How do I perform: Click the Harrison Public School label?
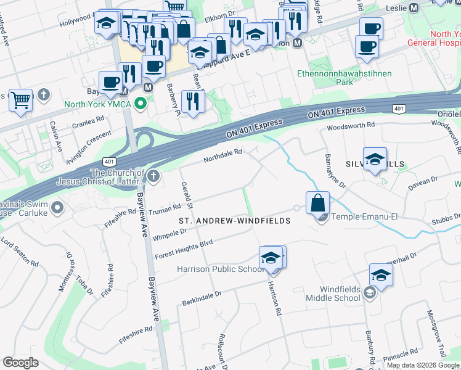point(220,269)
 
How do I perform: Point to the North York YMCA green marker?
point(144,104)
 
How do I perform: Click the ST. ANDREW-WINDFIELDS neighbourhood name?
point(234,220)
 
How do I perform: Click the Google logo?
point(20,363)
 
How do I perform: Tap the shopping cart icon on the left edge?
point(20,99)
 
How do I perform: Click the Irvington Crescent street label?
point(89,146)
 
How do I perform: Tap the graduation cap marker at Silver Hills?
point(375,159)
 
